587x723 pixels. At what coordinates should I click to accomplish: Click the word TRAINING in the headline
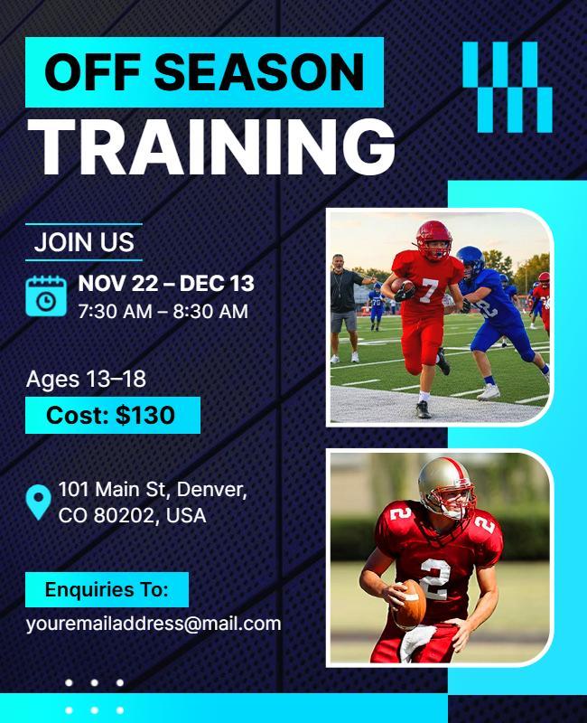212,146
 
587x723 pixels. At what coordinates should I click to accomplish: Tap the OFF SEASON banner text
204,72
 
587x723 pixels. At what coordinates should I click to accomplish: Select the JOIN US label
84,242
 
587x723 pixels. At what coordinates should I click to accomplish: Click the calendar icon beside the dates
45,296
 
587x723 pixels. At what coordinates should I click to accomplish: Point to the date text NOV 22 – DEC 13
166,284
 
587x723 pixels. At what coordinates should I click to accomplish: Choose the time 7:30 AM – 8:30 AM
163,312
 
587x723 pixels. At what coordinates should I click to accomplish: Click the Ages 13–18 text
86,379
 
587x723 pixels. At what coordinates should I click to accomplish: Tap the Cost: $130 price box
112,415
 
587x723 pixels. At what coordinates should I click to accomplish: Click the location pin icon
38,502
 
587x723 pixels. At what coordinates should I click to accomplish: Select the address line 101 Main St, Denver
153,490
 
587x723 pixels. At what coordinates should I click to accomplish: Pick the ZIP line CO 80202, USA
132,516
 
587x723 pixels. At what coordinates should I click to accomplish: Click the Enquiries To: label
107,590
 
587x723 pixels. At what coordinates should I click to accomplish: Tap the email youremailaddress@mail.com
154,624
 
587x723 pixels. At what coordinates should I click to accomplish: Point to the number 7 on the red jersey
428,291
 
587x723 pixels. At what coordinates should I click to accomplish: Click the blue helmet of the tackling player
470,261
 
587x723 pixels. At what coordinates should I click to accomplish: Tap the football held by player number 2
409,604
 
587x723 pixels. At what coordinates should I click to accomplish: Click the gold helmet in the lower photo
445,485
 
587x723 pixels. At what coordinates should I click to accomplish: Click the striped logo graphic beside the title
507,87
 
